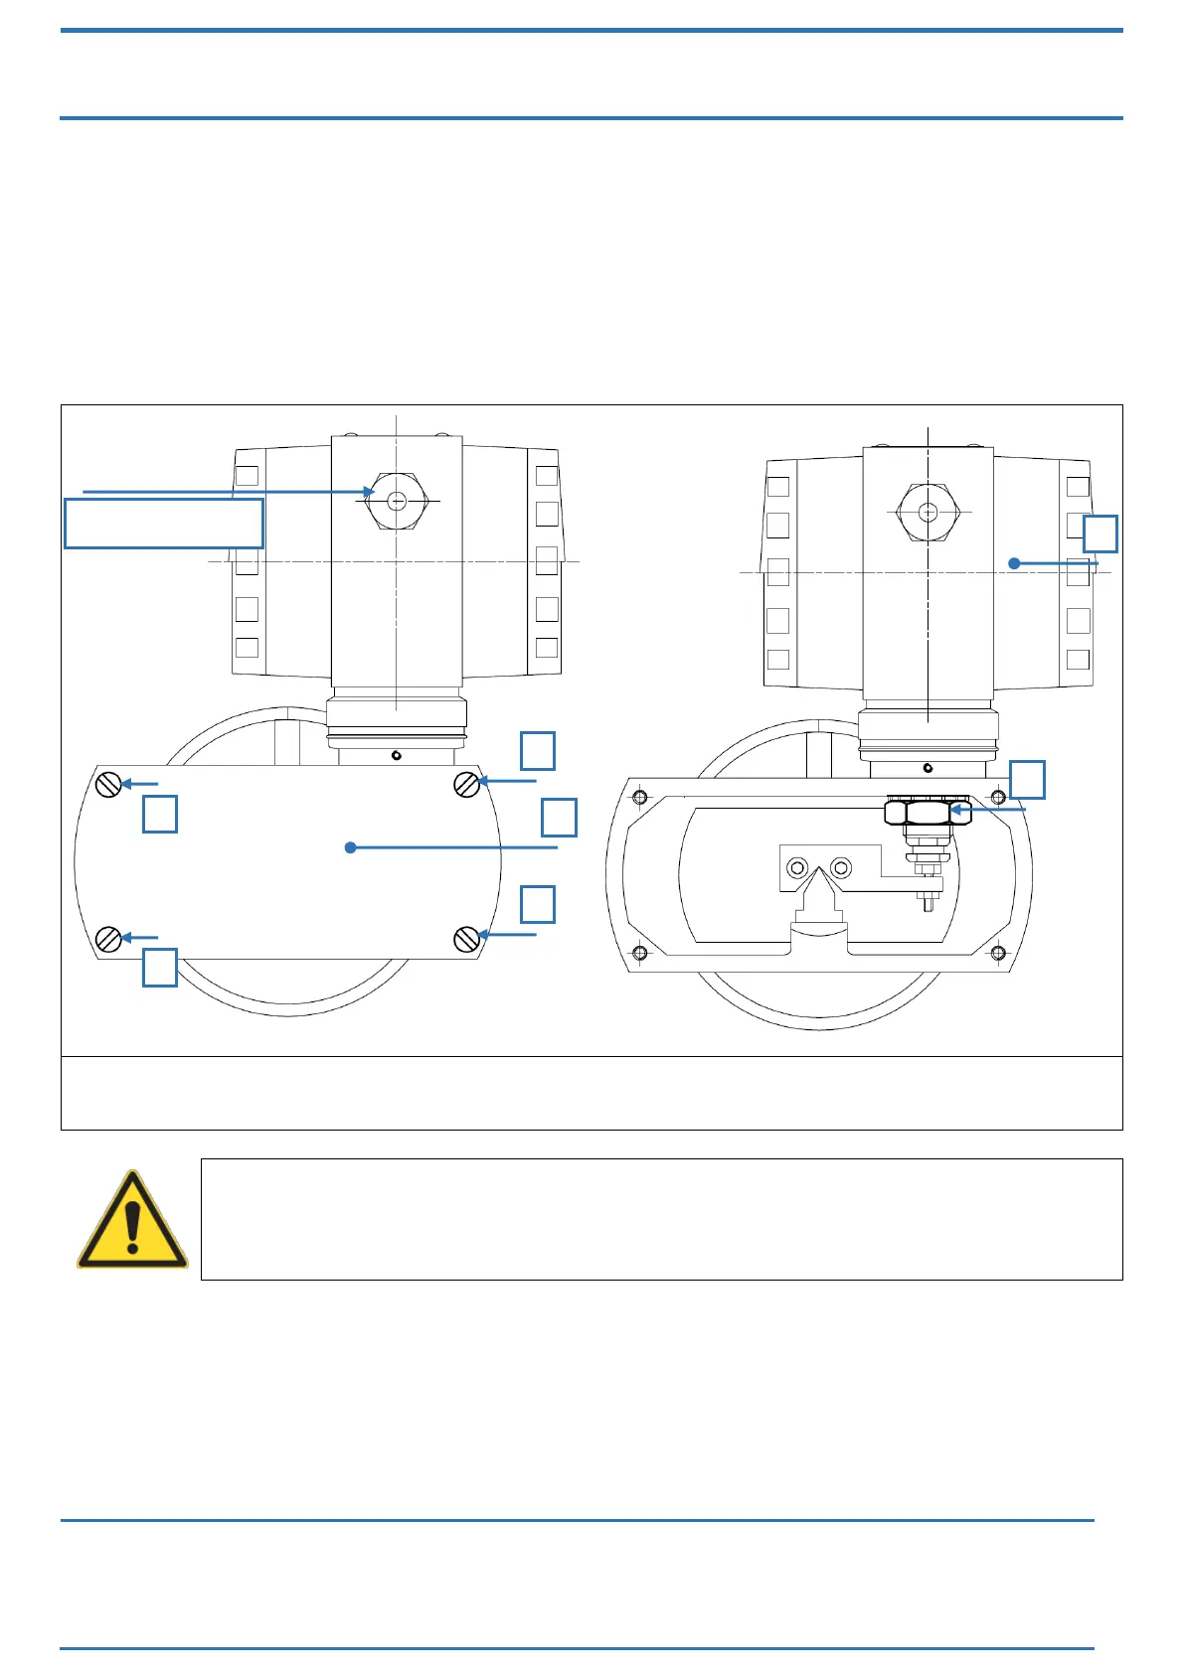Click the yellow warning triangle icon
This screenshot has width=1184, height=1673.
pyautogui.click(x=132, y=1222)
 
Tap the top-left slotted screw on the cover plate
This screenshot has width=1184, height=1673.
pyautogui.click(x=109, y=785)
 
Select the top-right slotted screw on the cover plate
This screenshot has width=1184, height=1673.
pyautogui.click(x=466, y=784)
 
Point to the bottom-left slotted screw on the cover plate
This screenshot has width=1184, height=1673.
pyautogui.click(x=108, y=938)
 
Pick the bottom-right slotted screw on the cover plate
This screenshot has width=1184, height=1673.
pyautogui.click(x=466, y=938)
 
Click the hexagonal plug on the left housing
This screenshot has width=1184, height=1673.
pyautogui.click(x=397, y=502)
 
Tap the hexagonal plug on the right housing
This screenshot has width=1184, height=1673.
pyautogui.click(x=928, y=513)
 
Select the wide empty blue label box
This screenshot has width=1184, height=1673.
pyautogui.click(x=164, y=524)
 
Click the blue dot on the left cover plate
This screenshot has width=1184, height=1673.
pyautogui.click(x=350, y=847)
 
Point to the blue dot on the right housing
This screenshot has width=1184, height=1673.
pyautogui.click(x=1014, y=563)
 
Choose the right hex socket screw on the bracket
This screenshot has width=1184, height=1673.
pyautogui.click(x=841, y=868)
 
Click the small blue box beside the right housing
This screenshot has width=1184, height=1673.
pyautogui.click(x=1099, y=533)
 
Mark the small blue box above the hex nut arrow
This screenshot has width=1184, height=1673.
pyautogui.click(x=1027, y=780)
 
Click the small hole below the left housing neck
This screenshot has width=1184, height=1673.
pyautogui.click(x=396, y=756)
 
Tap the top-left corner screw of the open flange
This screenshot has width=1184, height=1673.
pyautogui.click(x=639, y=797)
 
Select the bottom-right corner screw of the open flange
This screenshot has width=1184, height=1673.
pyautogui.click(x=998, y=953)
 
